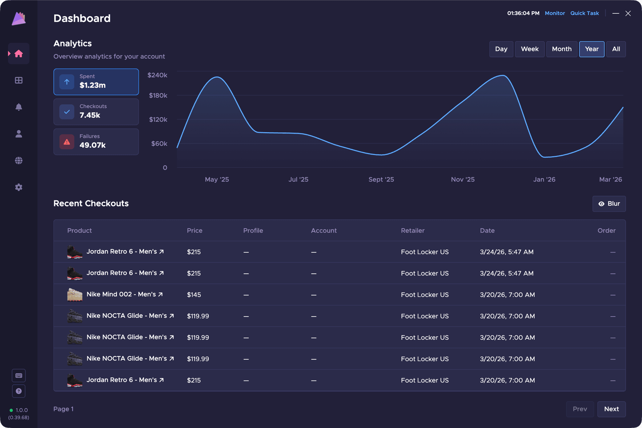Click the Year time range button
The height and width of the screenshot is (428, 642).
[592, 49]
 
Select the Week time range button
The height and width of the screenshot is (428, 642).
[530, 49]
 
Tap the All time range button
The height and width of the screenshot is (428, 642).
[616, 49]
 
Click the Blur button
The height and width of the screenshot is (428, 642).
[609, 204]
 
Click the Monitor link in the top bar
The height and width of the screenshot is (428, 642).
[555, 13]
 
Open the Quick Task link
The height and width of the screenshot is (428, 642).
[584, 13]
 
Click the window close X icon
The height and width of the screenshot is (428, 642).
[628, 13]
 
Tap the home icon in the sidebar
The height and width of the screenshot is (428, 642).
[19, 54]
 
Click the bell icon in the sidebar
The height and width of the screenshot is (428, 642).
[19, 107]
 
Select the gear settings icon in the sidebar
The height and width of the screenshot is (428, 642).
[19, 187]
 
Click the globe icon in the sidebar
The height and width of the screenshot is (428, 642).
[19, 161]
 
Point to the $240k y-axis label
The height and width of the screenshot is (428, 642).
[157, 75]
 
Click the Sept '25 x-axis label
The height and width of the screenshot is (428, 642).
[381, 180]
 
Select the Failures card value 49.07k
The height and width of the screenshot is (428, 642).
[93, 145]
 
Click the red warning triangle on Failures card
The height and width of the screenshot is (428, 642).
[67, 142]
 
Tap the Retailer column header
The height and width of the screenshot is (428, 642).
[413, 231]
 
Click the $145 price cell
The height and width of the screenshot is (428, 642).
[194, 295]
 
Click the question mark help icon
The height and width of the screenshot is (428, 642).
[19, 391]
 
